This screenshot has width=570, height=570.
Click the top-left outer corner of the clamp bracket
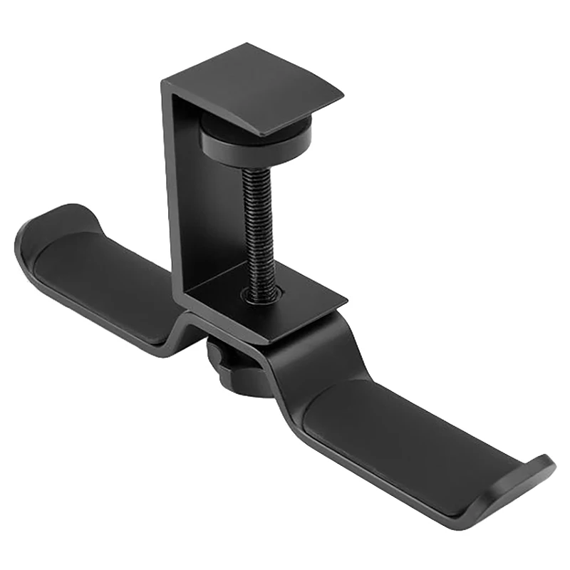pyautogui.click(x=162, y=81)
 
